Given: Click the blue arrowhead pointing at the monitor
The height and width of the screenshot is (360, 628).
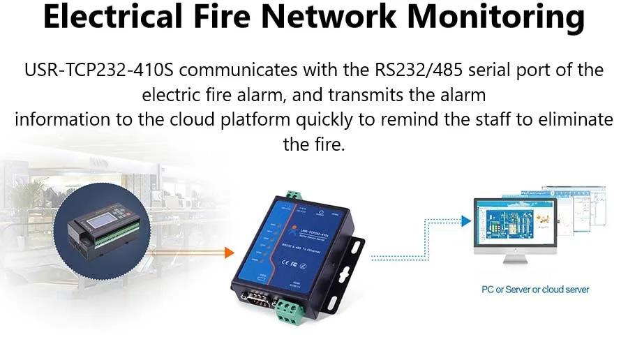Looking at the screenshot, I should pyautogui.click(x=465, y=221).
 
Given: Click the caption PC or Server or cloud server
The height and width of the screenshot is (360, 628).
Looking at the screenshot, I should pyautogui.click(x=536, y=290).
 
